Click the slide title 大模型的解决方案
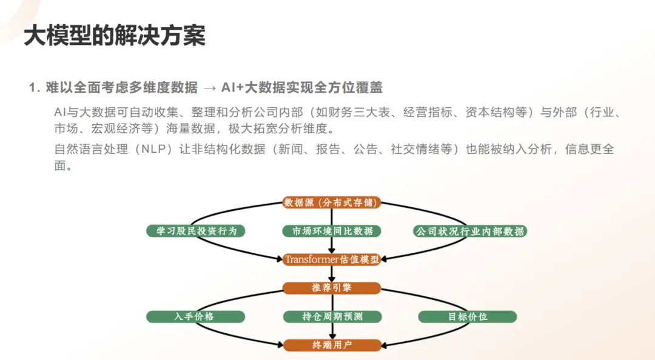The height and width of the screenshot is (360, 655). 115,36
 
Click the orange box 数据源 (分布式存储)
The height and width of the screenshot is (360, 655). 332,202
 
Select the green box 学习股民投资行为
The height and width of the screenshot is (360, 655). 195,231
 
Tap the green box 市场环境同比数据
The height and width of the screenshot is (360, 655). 332,231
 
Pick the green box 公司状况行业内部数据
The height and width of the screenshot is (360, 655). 470,231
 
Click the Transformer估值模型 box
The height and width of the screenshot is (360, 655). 332,259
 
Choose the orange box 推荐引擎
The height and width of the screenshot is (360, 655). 332,288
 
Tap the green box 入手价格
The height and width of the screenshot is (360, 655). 195,316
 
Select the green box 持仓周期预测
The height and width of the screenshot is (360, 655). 332,316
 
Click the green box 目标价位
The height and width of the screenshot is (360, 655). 468,316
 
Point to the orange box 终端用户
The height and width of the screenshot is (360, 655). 332,345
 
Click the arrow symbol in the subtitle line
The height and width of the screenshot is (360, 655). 210,88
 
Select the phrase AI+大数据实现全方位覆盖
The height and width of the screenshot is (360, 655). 302,87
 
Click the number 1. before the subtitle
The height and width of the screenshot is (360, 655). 35,88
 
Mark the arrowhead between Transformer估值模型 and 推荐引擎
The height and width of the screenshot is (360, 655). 332,279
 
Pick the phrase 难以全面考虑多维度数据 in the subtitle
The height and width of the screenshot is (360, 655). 121,87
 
